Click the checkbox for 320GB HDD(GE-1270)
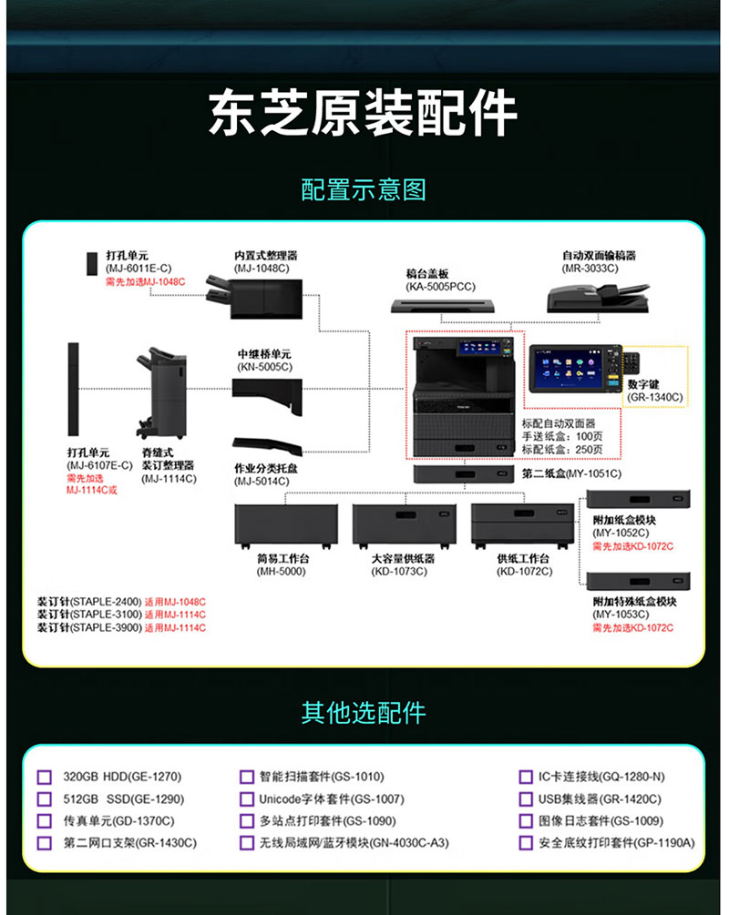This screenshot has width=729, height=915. (45, 777)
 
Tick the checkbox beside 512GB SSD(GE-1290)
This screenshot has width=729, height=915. (45, 798)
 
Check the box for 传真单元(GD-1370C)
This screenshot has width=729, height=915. (45, 821)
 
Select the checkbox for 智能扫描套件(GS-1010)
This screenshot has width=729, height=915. (247, 777)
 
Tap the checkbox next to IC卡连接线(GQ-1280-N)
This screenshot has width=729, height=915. (526, 777)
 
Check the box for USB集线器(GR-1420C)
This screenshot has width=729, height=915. (526, 798)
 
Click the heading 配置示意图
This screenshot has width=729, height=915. (364, 189)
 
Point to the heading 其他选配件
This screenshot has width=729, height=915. (364, 713)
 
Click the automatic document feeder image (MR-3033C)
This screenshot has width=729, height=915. (598, 298)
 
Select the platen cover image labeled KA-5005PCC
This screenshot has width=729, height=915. (443, 305)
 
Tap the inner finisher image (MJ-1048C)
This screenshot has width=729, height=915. (254, 297)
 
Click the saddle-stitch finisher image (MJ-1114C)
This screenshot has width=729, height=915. (162, 393)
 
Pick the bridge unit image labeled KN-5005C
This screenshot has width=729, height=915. (268, 395)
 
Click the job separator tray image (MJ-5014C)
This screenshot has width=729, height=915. (268, 446)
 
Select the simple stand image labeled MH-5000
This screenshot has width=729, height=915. (285, 525)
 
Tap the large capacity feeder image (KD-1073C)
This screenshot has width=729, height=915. (405, 525)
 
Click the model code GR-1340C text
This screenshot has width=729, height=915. (655, 397)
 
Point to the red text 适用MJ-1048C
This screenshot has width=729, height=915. (175, 602)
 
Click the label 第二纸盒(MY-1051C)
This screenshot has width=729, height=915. (571, 473)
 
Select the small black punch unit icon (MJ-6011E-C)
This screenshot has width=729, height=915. (92, 263)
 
